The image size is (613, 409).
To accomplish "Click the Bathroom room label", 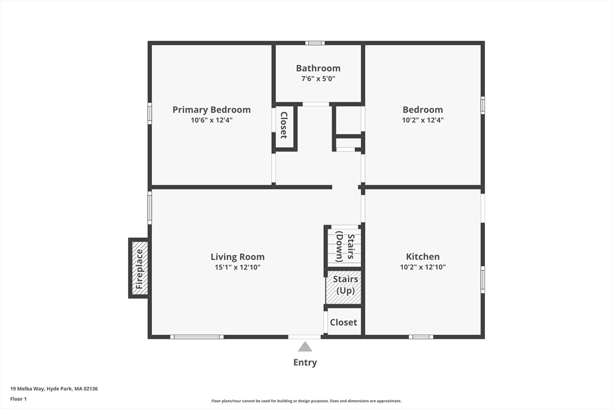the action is (318, 68).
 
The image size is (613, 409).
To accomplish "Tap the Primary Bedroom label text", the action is (211, 110).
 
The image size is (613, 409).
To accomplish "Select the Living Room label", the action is (237, 257).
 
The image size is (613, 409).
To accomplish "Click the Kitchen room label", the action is (423, 256).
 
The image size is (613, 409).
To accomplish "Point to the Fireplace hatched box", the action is (139, 268).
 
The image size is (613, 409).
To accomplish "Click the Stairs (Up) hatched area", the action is (344, 287).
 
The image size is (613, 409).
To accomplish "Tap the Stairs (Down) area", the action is (344, 246).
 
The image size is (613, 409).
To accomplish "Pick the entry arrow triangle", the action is (305, 347).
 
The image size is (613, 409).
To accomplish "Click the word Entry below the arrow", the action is (305, 362).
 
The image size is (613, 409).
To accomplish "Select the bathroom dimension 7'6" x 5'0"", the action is (318, 78).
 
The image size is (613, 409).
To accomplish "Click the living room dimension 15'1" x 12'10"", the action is (237, 268).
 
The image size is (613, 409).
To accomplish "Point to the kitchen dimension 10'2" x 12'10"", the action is (423, 267).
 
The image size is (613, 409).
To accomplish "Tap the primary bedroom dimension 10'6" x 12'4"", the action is (211, 120).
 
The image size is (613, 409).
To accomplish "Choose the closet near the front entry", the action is (343, 322).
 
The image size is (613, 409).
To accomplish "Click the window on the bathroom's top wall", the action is (315, 43).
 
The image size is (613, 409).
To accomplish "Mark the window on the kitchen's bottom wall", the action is (421, 337).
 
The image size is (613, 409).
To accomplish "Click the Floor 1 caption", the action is (19, 399).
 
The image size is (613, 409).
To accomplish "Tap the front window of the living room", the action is (196, 337).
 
